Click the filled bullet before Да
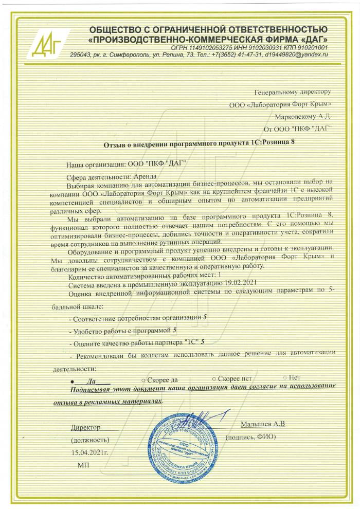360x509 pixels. tap(72, 381)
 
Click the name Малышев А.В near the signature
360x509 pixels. tap(262, 424)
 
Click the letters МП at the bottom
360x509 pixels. tap(82, 464)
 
